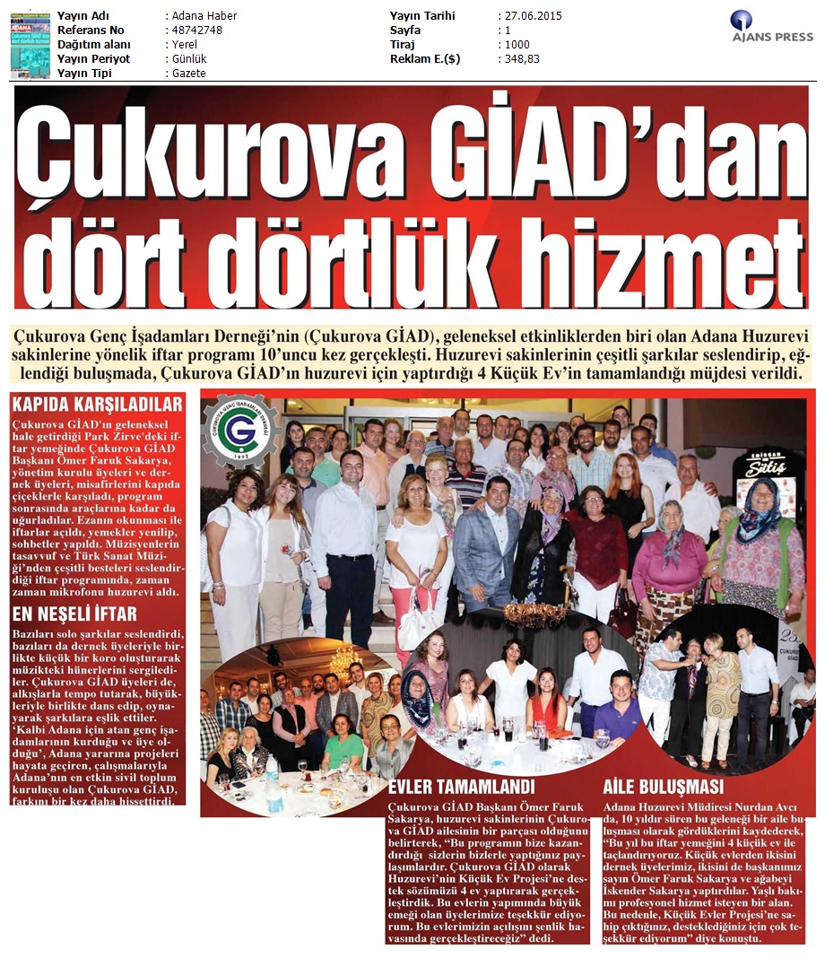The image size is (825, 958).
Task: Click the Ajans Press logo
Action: click(771, 27)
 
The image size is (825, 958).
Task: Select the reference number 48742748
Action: click(196, 30)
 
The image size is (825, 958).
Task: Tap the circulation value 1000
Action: click(517, 45)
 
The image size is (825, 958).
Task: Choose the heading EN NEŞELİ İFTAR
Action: click(75, 614)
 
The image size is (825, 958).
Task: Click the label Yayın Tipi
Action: click(86, 74)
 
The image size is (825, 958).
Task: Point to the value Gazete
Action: click(189, 74)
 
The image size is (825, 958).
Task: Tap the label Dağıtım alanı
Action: click(94, 45)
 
